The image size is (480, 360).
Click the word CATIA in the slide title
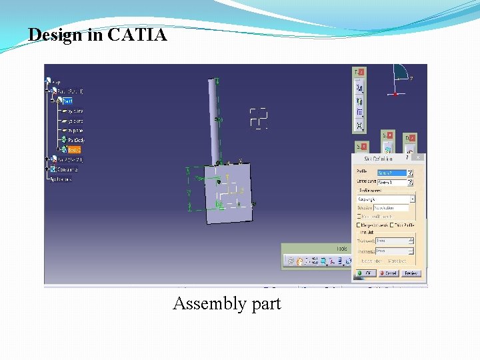coord(137,35)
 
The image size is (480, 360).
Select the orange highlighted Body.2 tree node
coord(73,150)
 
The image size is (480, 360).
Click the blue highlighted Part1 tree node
coord(67,101)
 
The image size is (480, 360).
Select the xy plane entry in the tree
coord(75,111)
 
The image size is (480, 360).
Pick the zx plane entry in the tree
coord(75,131)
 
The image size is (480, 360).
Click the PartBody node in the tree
coord(75,140)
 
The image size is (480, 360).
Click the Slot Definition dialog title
coord(378,158)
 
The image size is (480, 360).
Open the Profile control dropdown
coord(413,199)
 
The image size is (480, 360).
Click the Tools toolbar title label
coord(341,249)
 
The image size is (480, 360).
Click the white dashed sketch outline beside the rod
coord(258,117)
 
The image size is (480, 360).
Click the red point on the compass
coord(396,94)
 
